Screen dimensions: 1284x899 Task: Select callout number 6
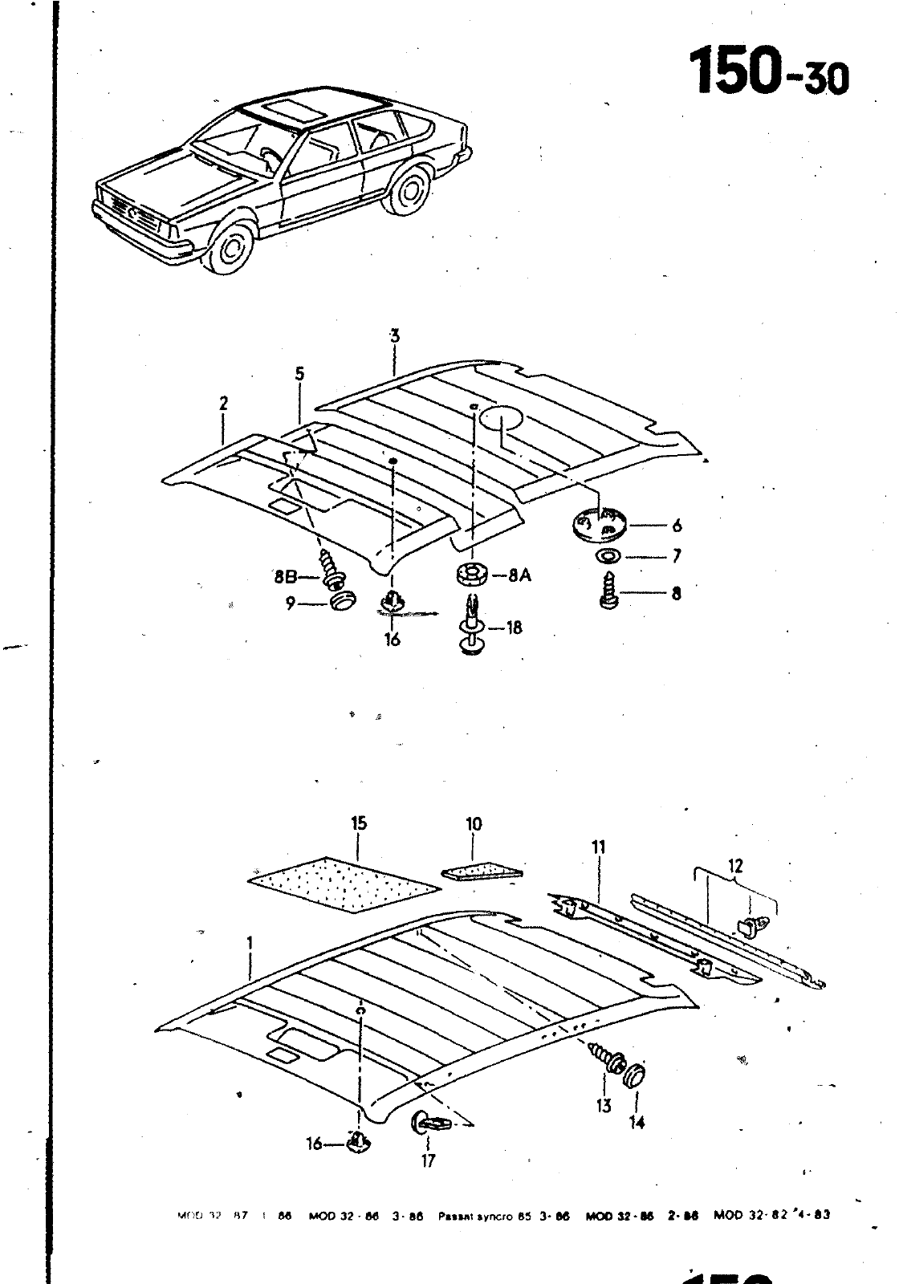pos(677,526)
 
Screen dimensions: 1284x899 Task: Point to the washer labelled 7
pos(608,556)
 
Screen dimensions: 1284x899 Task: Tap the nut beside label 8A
pos(472,575)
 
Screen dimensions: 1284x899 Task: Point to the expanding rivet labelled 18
pos(470,626)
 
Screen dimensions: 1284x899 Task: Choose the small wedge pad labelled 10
pos(481,872)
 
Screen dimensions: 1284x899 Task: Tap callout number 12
pos(735,866)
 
